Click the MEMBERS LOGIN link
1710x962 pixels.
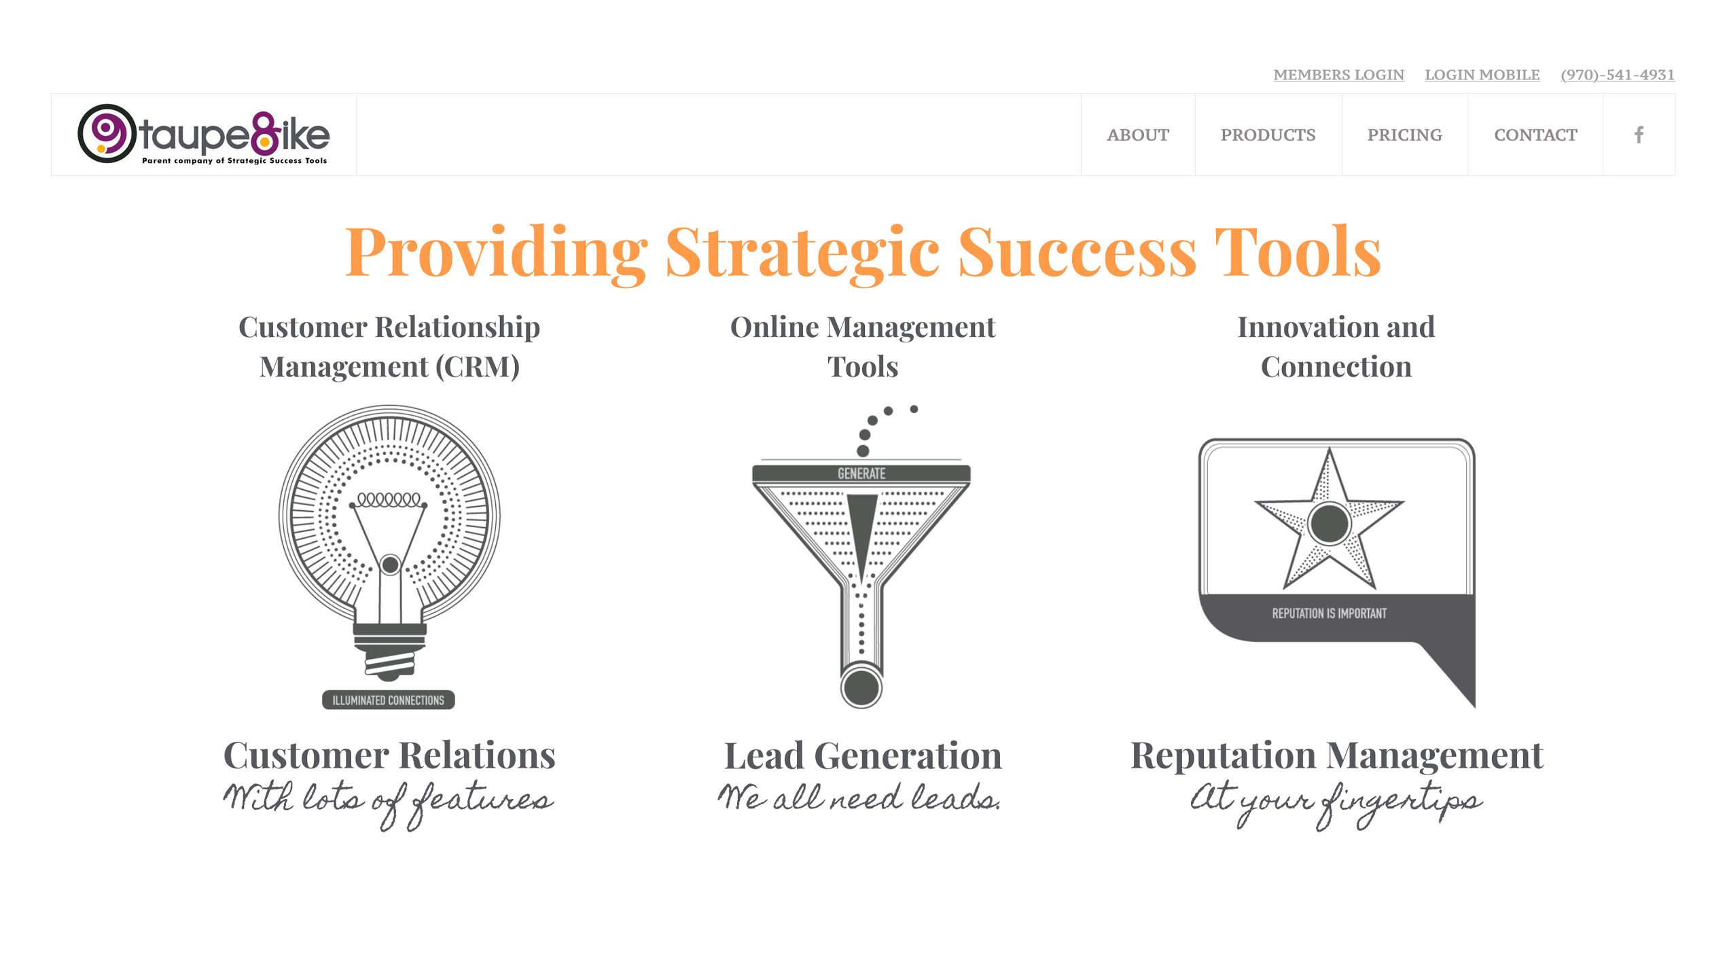[1338, 75]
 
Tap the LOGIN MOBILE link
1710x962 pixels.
[1482, 75]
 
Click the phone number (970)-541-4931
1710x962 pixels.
[1617, 75]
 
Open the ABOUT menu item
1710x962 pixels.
[1138, 135]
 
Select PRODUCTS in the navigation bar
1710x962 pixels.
[1268, 135]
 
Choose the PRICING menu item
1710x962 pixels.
[1404, 135]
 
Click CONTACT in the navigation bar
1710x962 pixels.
[1535, 135]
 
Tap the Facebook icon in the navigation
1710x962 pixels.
[1639, 135]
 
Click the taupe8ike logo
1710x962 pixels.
[204, 135]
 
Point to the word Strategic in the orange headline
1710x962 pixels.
[802, 252]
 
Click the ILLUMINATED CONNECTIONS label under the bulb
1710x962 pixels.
[388, 700]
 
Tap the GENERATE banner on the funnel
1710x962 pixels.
[861, 474]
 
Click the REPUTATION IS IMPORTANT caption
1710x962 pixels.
[1329, 613]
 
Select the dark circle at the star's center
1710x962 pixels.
[1329, 523]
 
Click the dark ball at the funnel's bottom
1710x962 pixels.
[861, 687]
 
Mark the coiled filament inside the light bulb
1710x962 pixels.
[389, 500]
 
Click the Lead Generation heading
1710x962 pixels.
[863, 755]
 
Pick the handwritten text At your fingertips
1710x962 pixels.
[1336, 803]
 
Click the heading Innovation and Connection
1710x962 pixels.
[1336, 347]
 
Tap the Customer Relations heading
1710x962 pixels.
[389, 755]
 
